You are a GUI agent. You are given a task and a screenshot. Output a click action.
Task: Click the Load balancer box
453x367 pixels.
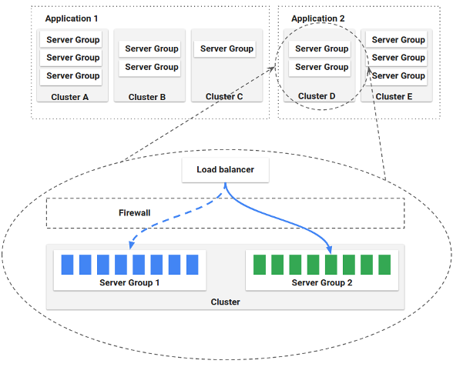pyautogui.click(x=225, y=169)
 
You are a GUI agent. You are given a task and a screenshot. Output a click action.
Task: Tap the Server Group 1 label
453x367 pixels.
pyautogui.click(x=129, y=282)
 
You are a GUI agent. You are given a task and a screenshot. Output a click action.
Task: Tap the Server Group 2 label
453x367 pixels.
pyautogui.click(x=322, y=282)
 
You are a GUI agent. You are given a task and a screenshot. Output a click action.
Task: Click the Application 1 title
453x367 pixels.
pyautogui.click(x=72, y=18)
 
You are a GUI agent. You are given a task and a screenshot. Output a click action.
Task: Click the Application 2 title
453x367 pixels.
pyautogui.click(x=317, y=18)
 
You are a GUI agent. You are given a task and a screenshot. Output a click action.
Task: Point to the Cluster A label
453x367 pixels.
pyautogui.click(x=70, y=97)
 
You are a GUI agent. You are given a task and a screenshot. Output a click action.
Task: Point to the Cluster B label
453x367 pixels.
pyautogui.click(x=147, y=97)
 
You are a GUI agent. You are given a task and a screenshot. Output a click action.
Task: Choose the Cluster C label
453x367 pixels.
pyautogui.click(x=224, y=97)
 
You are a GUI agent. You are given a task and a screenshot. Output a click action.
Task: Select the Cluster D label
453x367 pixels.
pyautogui.click(x=317, y=97)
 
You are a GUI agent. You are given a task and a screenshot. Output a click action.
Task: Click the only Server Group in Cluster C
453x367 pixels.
pyautogui.click(x=226, y=48)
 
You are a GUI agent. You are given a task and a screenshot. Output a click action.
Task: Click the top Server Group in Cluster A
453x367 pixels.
pyautogui.click(x=72, y=39)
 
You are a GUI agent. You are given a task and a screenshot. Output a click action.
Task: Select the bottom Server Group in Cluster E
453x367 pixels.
pyautogui.click(x=398, y=75)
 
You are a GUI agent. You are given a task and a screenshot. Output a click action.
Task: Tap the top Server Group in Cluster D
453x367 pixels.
pyautogui.click(x=321, y=48)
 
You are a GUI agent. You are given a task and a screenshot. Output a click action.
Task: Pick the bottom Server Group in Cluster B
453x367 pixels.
pyautogui.click(x=151, y=67)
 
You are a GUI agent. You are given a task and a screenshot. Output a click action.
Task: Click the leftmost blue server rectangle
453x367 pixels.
pyautogui.click(x=67, y=265)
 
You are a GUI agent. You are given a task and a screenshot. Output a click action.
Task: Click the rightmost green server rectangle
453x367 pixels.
pyautogui.click(x=384, y=265)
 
